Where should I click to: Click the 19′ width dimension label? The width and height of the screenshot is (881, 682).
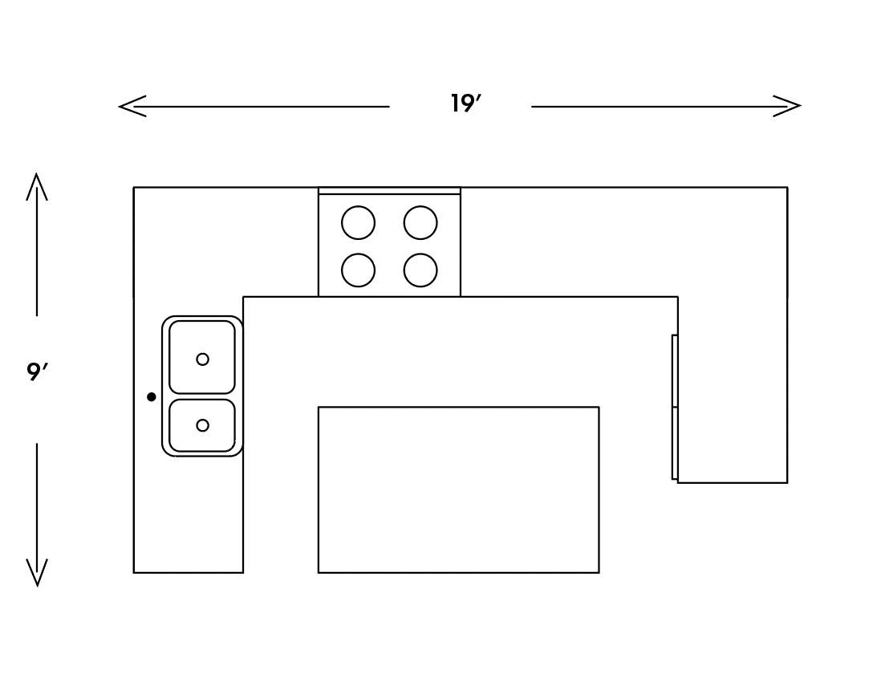pyautogui.click(x=465, y=104)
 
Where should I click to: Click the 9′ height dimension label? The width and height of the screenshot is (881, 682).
pyautogui.click(x=37, y=372)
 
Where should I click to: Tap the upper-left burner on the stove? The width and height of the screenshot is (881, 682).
pyautogui.click(x=358, y=223)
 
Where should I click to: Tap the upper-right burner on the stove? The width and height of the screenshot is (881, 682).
pyautogui.click(x=420, y=223)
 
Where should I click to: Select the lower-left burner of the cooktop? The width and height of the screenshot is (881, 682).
pyautogui.click(x=358, y=270)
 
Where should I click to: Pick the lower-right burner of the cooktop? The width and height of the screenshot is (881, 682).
pyautogui.click(x=420, y=270)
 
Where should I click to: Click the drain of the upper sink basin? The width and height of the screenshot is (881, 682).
pyautogui.click(x=202, y=359)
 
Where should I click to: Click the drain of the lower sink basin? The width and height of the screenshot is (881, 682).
pyautogui.click(x=202, y=425)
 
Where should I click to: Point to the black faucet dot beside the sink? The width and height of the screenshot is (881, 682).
pyautogui.click(x=152, y=397)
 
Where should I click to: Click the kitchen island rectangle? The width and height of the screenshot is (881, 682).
pyautogui.click(x=458, y=489)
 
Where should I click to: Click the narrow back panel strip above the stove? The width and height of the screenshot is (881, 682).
pyautogui.click(x=389, y=191)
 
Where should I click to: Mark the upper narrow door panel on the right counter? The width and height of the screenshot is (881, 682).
pyautogui.click(x=675, y=371)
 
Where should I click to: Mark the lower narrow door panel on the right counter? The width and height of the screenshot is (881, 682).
pyautogui.click(x=675, y=443)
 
